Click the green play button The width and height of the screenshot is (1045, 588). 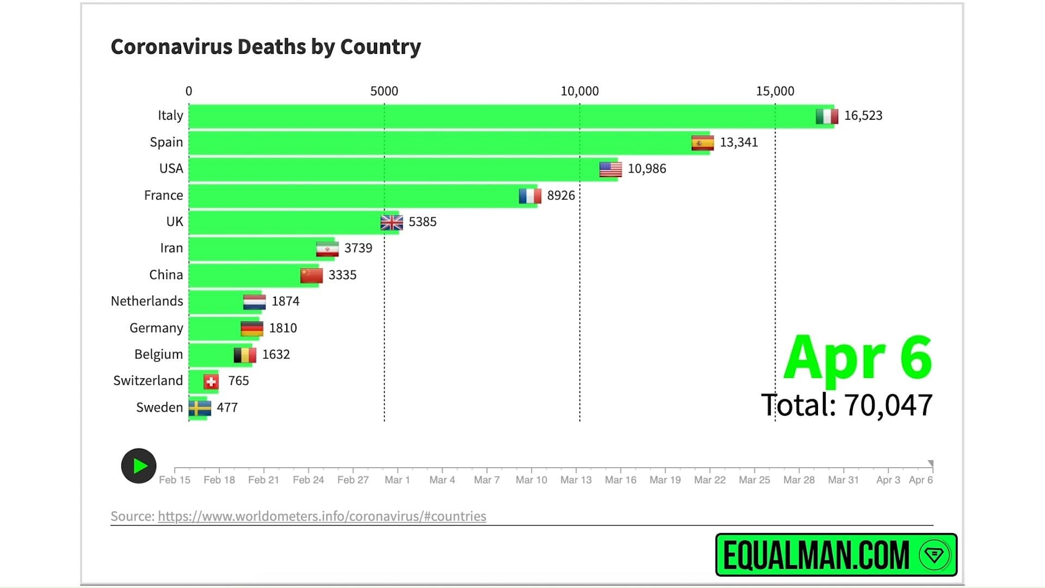139,466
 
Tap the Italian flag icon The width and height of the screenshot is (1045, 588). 827,116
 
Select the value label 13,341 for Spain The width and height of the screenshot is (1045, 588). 739,142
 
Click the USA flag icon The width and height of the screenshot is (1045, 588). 610,169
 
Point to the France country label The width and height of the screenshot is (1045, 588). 163,195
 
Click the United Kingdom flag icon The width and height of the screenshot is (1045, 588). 391,222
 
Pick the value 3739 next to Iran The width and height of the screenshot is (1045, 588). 358,248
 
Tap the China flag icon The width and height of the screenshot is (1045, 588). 311,275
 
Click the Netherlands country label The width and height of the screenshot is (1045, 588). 147,301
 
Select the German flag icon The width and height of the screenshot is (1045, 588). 252,328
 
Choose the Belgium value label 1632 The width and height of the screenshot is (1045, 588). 276,354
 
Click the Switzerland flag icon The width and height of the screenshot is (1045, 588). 211,382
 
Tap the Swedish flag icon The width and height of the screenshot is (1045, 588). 200,408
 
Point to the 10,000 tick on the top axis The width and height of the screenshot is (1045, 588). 580,91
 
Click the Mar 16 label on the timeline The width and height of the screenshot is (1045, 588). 620,480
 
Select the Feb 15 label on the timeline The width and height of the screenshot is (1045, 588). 175,480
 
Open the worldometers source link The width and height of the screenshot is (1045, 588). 322,516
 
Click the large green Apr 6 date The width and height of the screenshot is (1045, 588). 858,358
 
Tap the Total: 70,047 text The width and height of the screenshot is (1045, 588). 846,406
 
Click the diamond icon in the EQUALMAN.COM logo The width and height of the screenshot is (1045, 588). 934,555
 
